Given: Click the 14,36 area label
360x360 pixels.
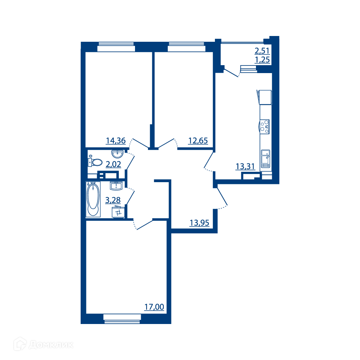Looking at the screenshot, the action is (x=116, y=140).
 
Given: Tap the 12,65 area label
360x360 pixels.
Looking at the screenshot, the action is (x=198, y=140).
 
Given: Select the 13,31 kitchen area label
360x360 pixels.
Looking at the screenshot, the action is (x=245, y=166).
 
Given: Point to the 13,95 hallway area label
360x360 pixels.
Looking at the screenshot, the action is (x=199, y=223).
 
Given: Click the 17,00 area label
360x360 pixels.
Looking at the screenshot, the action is (x=154, y=307).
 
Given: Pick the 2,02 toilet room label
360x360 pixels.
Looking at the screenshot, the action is (x=113, y=164).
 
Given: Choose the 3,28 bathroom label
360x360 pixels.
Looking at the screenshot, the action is (x=113, y=200).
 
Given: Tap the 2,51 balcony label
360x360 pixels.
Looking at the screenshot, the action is (x=262, y=51).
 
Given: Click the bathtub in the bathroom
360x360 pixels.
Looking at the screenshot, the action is (x=93, y=199).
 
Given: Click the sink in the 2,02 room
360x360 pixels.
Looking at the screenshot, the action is (x=118, y=154).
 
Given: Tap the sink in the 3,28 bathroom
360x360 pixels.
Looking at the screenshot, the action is (x=116, y=186).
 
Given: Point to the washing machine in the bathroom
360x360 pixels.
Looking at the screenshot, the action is (x=118, y=212).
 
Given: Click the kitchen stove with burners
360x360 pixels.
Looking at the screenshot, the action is (x=265, y=126).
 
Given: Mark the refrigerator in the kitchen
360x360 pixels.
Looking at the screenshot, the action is (x=265, y=97).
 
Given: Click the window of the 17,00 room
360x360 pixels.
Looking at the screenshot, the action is (x=122, y=319).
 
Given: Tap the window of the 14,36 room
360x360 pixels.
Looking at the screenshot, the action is (x=116, y=47).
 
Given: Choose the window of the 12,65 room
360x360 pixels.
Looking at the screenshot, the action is (x=186, y=47).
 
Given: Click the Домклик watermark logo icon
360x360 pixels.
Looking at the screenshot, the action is (x=20, y=344).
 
